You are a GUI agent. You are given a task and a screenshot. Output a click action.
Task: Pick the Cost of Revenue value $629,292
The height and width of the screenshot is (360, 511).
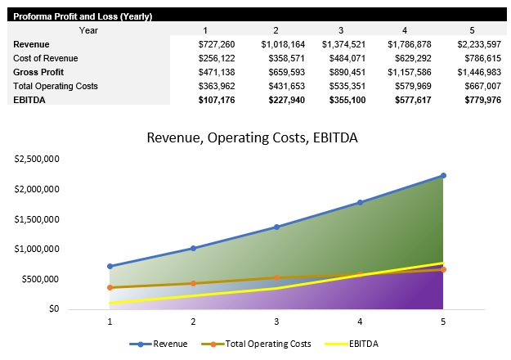[406, 58]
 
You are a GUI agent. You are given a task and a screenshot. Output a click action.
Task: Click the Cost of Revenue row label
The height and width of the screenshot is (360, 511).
[44, 58]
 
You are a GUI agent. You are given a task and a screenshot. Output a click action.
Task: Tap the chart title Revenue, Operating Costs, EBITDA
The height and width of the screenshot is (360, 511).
[252, 138]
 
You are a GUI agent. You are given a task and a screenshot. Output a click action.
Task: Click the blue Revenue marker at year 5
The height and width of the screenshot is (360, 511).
[443, 175]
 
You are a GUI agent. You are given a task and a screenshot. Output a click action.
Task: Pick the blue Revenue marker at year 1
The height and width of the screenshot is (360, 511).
[110, 266]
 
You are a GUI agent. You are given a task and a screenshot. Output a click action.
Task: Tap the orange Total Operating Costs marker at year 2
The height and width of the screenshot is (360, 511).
[193, 283]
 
